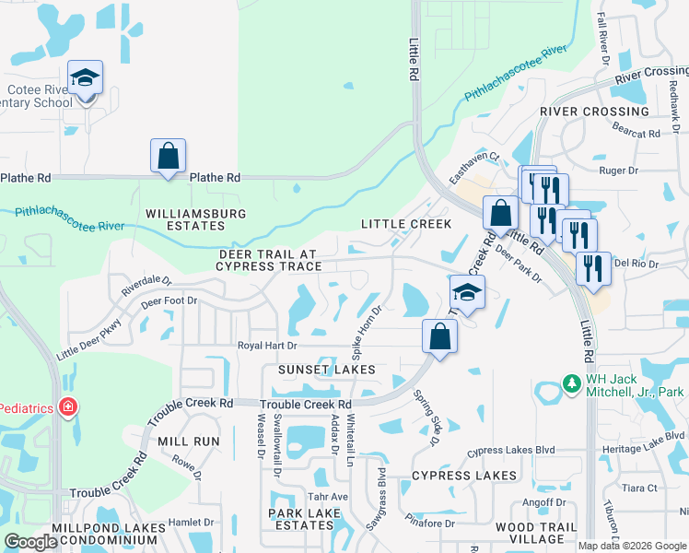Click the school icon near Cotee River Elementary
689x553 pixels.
[86, 78]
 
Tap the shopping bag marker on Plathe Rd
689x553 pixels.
[169, 157]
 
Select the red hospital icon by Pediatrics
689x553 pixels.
[67, 406]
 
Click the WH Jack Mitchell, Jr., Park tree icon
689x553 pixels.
[571, 383]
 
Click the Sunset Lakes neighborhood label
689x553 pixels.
[328, 370]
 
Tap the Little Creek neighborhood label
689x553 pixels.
[406, 224]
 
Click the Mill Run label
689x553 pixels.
[189, 441]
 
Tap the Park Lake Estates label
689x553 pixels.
[300, 519]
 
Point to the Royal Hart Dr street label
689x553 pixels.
[267, 346]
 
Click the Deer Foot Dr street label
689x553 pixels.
[169, 300]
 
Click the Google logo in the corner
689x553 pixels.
[30, 542]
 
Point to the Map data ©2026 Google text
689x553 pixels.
[632, 546]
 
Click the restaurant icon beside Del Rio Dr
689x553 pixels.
[593, 268]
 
